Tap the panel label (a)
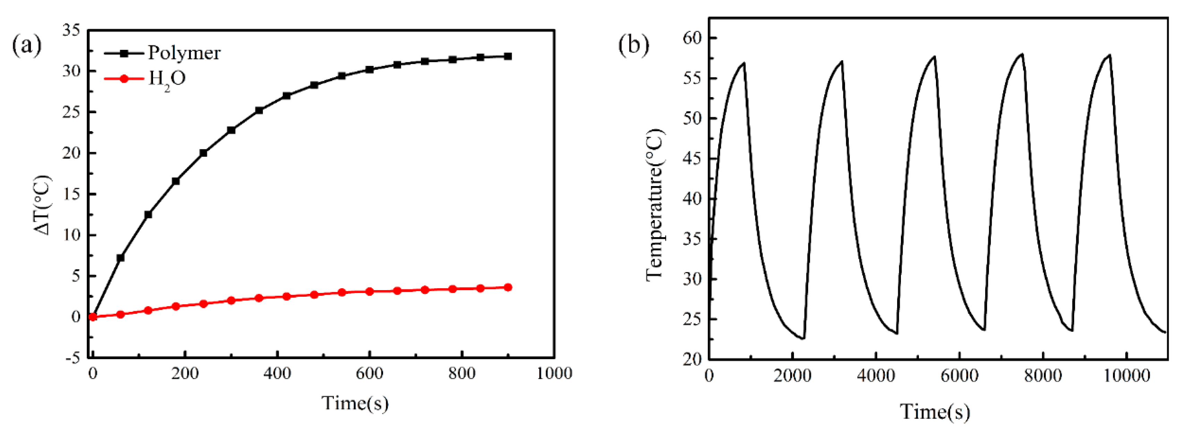pos(27,45)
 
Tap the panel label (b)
pos(634,45)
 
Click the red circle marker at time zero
pos(93,317)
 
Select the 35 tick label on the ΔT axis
pos(71,30)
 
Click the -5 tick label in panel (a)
pos(73,358)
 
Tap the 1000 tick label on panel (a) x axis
pos(554,374)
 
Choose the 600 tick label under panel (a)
pos(369,374)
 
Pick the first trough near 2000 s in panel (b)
pos(803,339)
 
